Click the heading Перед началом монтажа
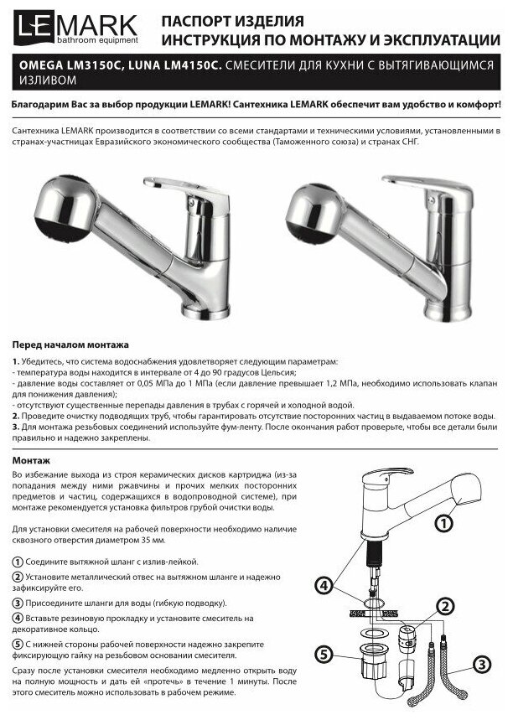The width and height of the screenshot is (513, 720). coord(70,344)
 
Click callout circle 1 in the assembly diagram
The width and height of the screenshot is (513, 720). coord(444,524)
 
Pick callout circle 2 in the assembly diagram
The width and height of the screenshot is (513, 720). coord(445,605)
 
